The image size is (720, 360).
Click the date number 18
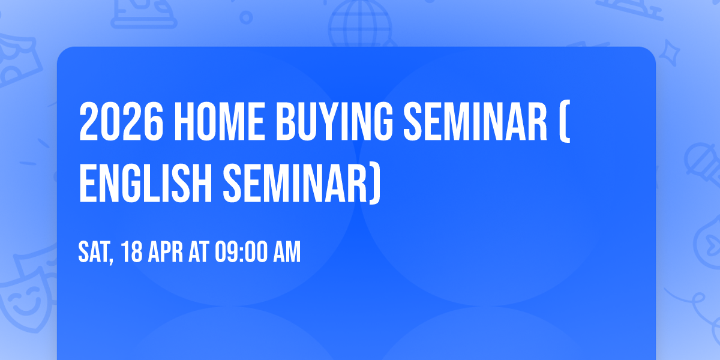point(132,253)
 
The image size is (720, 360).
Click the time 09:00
point(243,253)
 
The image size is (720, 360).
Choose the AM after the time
point(287,253)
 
